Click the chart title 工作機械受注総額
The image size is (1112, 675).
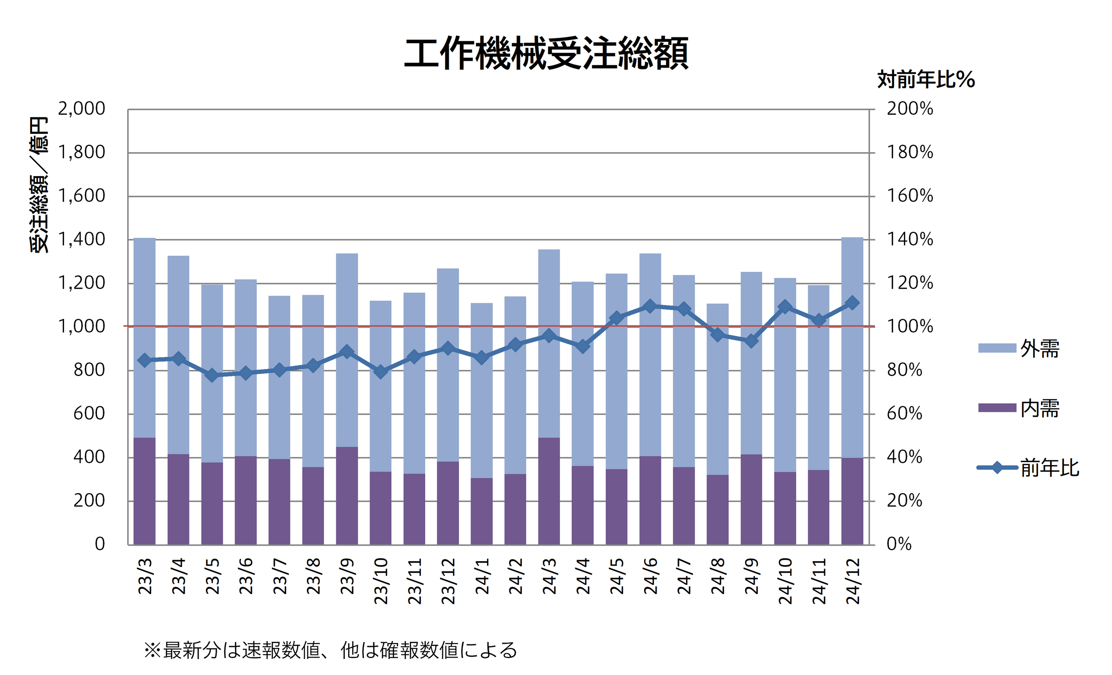546,54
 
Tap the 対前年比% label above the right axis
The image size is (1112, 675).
926,80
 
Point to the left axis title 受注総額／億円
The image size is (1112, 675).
39,185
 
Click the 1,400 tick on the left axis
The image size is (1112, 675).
81,239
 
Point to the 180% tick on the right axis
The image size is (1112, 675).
910,153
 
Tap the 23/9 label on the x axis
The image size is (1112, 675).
347,576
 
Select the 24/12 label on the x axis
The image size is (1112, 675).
853,581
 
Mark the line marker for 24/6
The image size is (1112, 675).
650,306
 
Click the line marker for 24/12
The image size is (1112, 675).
852,303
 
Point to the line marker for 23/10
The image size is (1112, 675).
380,372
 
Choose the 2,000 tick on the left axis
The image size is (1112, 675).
81,109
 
